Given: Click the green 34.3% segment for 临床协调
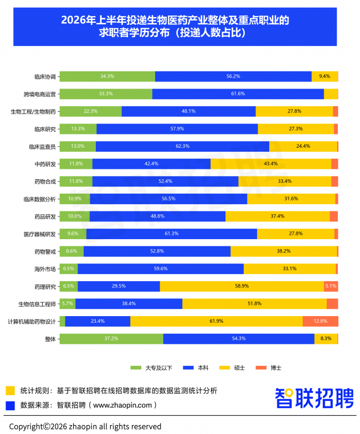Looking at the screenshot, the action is pos(107,76).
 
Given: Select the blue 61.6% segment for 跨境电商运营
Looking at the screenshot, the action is pos(238,94).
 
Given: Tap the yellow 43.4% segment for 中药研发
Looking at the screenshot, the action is pos(271,164).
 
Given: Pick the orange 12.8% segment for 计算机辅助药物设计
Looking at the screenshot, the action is pos(320,321).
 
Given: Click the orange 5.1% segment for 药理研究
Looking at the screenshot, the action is pos(331,286).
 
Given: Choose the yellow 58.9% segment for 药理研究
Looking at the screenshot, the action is pos(242,286).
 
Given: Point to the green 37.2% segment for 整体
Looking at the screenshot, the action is pos(112,339).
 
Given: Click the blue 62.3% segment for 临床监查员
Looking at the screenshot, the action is pos(183,146).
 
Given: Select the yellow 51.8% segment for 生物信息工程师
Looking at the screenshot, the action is pos(255,303).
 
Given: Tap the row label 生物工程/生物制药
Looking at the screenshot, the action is pos(33,112).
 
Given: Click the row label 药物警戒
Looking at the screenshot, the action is pos(45,252).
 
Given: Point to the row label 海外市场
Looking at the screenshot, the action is pos(45,269).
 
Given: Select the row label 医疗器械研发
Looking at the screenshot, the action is pos(40,235).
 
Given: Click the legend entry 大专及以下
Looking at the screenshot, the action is pos(152,368).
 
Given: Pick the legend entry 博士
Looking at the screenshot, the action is pos(269,368).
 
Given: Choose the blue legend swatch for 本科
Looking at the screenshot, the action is pos(188,368).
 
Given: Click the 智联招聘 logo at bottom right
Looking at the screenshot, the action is pos(315,398).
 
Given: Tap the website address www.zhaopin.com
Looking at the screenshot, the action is pos(122,405).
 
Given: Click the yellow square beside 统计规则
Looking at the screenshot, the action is pos(10,391).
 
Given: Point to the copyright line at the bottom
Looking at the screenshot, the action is pos(85,426).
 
